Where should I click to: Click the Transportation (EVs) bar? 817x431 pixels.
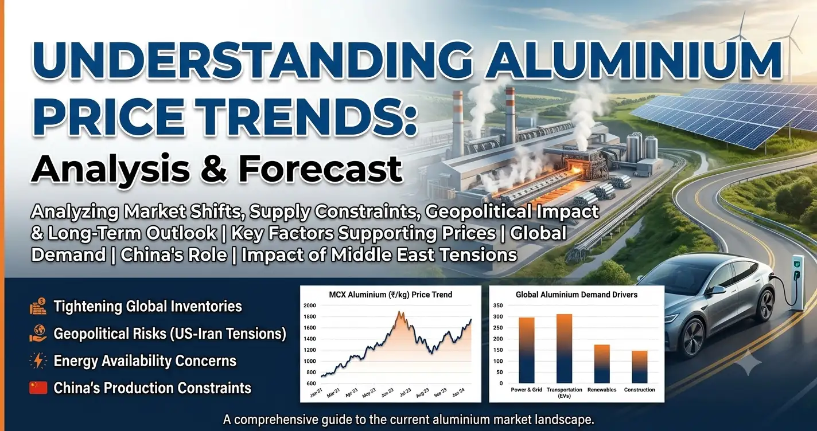point(564,348)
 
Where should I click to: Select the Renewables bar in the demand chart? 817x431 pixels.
point(602,364)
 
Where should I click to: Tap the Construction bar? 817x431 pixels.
point(639,367)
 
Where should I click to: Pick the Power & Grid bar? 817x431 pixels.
point(526,350)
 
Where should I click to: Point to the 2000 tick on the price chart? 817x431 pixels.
point(310,305)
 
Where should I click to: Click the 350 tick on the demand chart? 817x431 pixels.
point(497,305)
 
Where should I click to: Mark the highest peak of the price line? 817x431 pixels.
point(399,312)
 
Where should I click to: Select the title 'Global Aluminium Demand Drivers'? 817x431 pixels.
point(576,295)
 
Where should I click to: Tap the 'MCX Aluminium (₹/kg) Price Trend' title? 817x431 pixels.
point(390,295)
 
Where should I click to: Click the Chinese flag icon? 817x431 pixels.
point(38,387)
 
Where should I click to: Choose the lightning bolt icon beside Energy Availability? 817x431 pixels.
point(38,361)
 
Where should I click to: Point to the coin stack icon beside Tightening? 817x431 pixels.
point(38,306)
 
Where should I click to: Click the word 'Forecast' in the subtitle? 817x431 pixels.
point(320,169)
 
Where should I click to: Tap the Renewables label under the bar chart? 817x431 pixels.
point(602,390)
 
